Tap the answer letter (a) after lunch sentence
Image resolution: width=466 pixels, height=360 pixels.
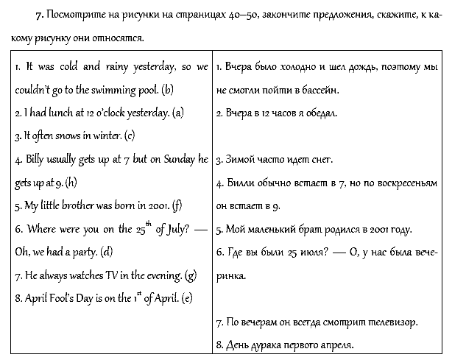coord(177,113)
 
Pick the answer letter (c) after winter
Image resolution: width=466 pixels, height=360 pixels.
coord(130,135)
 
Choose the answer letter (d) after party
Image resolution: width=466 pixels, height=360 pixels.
coord(105,252)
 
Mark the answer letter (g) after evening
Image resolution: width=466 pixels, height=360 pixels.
coord(191,275)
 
